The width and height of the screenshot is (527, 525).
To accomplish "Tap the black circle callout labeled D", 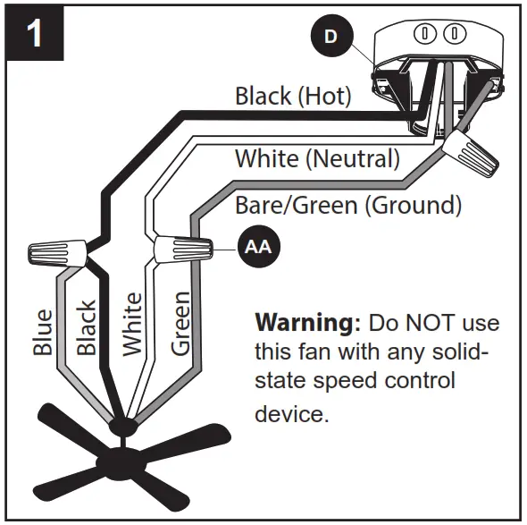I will [330, 37].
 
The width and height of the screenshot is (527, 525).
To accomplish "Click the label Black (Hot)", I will [293, 96].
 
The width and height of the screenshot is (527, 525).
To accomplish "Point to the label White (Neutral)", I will [316, 159].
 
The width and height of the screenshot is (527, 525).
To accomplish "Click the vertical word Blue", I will [43, 331].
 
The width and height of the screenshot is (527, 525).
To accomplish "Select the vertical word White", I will [132, 324].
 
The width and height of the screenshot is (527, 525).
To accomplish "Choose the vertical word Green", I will [180, 323].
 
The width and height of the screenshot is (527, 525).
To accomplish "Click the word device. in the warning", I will [292, 414].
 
